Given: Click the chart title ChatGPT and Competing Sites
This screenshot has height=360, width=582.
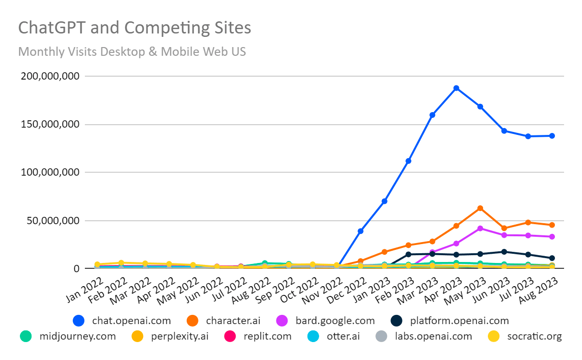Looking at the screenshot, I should (x=134, y=28).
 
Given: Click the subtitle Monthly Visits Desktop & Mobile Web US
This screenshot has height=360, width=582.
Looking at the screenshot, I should (x=132, y=51).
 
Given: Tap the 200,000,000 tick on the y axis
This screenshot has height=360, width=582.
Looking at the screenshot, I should (x=49, y=76).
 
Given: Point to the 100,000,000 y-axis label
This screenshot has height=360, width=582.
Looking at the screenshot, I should (x=49, y=172).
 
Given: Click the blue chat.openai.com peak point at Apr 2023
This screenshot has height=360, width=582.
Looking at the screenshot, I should (x=456, y=88).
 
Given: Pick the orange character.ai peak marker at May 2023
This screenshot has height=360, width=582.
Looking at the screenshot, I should (x=480, y=208).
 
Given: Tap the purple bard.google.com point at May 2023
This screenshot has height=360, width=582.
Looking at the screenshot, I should (x=480, y=228).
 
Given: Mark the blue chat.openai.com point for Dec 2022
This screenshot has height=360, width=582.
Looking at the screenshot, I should (x=360, y=231).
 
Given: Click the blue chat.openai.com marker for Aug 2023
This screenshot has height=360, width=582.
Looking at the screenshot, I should (x=552, y=136).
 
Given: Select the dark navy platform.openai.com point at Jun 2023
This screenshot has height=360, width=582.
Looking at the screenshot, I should (x=504, y=252).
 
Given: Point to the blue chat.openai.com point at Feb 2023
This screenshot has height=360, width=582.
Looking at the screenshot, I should (x=408, y=161).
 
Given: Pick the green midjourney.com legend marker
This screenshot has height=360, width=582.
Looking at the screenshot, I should (x=26, y=336).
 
